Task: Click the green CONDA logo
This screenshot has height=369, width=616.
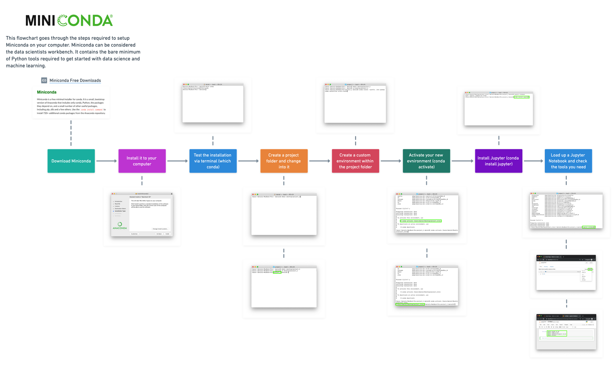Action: tap(85, 21)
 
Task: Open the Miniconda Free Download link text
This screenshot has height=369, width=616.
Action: tap(75, 80)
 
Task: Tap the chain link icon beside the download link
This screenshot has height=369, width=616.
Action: tap(44, 80)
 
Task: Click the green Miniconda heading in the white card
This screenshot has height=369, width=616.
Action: tap(47, 92)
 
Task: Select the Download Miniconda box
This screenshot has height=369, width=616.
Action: tap(71, 161)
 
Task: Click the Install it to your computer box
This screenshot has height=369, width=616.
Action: tap(142, 161)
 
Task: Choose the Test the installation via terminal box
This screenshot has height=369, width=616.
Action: tap(213, 161)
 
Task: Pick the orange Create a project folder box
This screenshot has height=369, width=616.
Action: tap(284, 161)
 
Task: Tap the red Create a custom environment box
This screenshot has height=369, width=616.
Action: tap(355, 161)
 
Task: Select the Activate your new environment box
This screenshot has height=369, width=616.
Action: tap(426, 161)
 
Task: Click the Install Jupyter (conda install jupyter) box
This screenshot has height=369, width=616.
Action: tap(498, 161)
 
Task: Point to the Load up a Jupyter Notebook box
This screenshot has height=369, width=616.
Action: tap(568, 161)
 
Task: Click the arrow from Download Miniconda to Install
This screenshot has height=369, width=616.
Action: tap(107, 161)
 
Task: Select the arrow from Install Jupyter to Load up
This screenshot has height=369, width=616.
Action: tap(533, 161)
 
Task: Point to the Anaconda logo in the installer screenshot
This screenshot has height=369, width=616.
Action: tap(120, 226)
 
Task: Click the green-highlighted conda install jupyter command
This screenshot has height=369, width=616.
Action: tap(521, 97)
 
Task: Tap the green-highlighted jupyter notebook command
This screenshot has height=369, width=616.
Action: tap(589, 227)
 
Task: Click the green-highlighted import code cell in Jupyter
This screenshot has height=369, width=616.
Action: tap(557, 333)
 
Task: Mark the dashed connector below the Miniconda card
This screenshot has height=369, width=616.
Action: tap(71, 133)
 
